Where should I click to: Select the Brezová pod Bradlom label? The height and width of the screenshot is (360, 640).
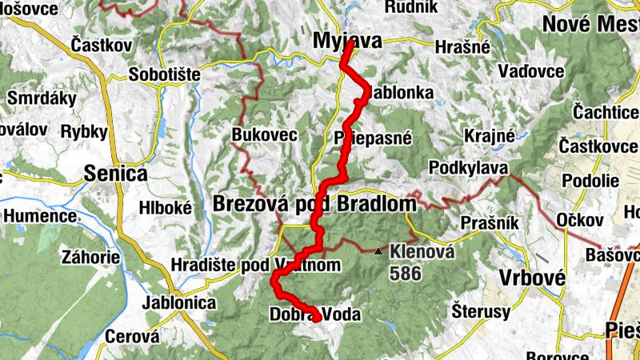point(314,205)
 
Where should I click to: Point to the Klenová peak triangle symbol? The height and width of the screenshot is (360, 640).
point(378,252)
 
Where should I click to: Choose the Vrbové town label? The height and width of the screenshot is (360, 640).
point(531,277)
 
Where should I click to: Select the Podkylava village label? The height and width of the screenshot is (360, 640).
point(467,168)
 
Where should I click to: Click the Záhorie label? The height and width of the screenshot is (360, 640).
point(94,258)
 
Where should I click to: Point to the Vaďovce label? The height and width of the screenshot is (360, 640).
point(530,72)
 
